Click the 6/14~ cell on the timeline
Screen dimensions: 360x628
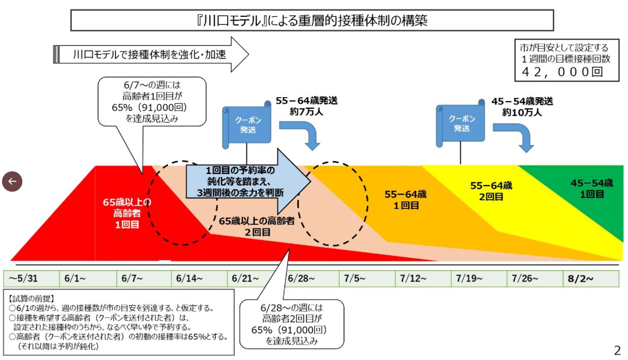point(199,279)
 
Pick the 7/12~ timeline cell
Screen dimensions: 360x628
point(423,279)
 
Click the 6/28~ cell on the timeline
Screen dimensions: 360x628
point(310,279)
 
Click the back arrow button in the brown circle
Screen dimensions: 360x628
point(12,181)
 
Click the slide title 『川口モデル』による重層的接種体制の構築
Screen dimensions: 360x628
point(311,21)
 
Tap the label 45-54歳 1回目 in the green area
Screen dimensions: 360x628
point(592,189)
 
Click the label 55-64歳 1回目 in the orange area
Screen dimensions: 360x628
point(405,199)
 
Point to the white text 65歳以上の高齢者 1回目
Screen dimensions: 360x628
point(126,213)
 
